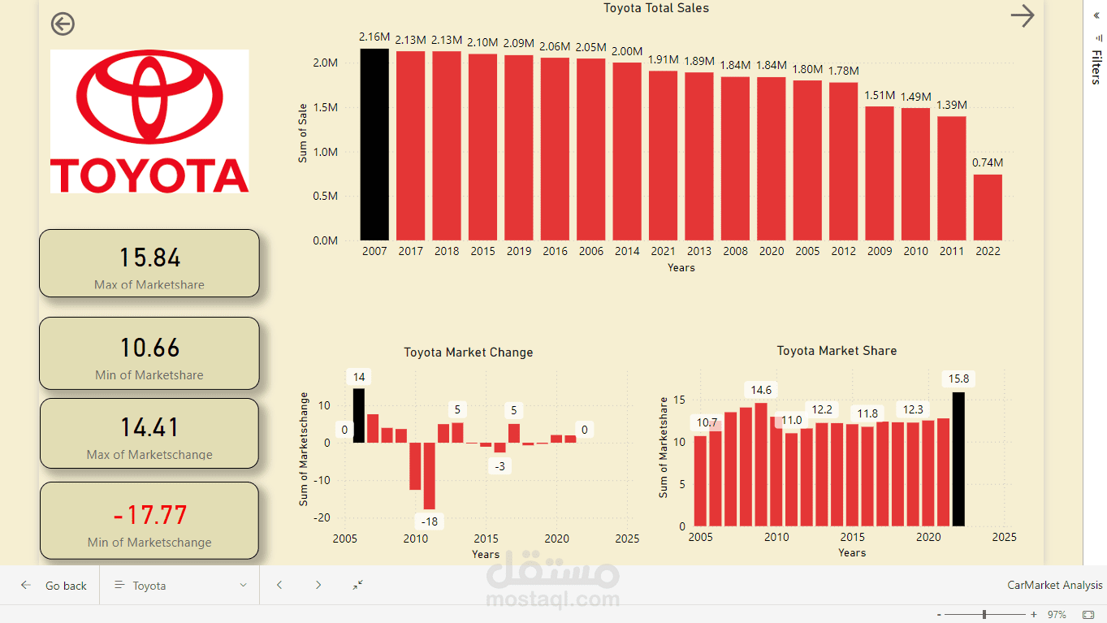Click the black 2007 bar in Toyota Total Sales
click(x=374, y=145)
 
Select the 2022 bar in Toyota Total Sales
click(x=988, y=207)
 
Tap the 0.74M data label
click(x=988, y=162)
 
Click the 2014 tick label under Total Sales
click(x=627, y=252)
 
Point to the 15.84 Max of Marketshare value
click(x=149, y=257)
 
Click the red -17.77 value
click(x=149, y=515)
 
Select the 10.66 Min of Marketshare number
click(x=149, y=348)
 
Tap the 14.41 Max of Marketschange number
click(x=149, y=427)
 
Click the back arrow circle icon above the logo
click(x=63, y=24)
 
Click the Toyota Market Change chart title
click(x=469, y=353)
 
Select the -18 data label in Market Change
click(x=428, y=521)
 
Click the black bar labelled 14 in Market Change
click(x=359, y=415)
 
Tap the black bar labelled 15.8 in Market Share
click(x=958, y=459)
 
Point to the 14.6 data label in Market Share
click(x=761, y=390)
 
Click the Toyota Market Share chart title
click(x=837, y=351)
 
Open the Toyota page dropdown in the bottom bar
click(x=179, y=586)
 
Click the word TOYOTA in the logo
click(x=149, y=175)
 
